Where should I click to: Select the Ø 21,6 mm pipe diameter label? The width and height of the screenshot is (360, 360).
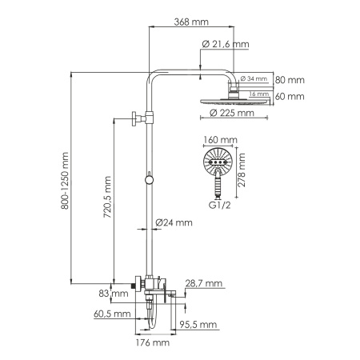coord(229,46)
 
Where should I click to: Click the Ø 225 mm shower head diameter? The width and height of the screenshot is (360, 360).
coord(231,114)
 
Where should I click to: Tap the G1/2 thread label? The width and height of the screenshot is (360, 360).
coord(221,206)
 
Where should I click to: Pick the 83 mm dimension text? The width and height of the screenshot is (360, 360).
coord(118,294)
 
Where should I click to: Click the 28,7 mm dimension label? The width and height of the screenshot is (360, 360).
coord(201,284)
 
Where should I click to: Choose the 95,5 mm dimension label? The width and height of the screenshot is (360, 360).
coord(201,324)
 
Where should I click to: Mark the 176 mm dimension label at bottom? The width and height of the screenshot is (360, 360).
coord(151,342)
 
